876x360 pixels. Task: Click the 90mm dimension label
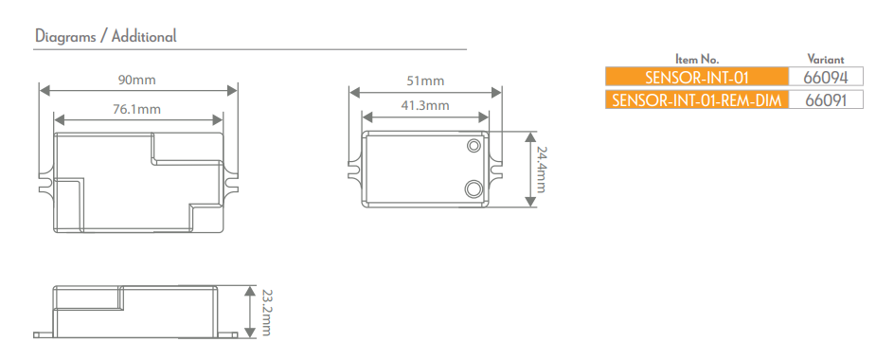point(137,77)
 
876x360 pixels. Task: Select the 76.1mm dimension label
point(137,109)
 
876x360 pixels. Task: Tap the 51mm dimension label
point(424,81)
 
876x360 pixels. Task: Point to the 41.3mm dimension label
point(424,105)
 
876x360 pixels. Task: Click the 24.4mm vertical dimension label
point(542,169)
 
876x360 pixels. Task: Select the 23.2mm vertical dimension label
point(266,311)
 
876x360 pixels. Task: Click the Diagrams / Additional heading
point(105,37)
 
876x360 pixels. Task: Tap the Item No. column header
point(696,59)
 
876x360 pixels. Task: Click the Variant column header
point(825,59)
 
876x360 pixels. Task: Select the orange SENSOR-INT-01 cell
point(696,77)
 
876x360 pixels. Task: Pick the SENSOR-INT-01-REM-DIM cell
point(696,99)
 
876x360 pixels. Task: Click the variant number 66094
point(826,77)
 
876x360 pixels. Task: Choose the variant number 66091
point(826,99)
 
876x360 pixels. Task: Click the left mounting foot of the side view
point(42,334)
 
